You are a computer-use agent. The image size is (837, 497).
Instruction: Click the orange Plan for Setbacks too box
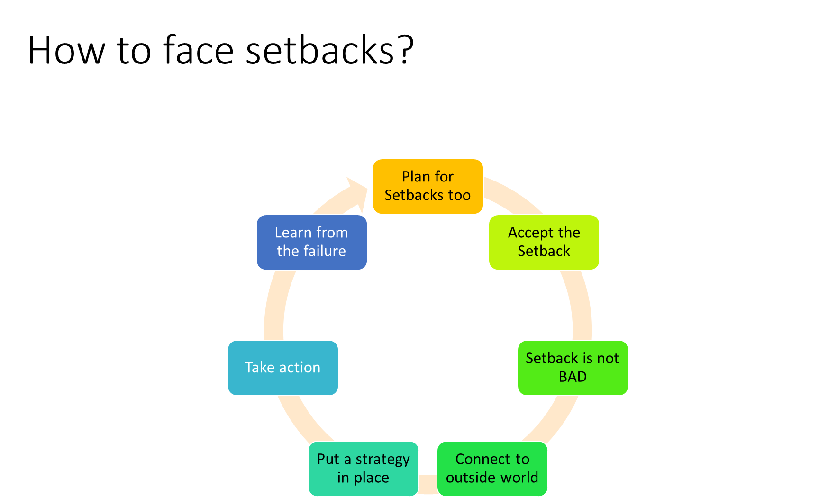tap(428, 186)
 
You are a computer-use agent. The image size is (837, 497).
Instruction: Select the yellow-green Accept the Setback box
tap(544, 242)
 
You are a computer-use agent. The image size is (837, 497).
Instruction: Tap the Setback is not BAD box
tap(573, 368)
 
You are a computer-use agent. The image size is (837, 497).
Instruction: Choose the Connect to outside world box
tap(492, 469)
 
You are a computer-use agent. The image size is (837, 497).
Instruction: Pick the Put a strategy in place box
tap(363, 469)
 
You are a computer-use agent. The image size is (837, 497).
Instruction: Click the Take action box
tap(282, 368)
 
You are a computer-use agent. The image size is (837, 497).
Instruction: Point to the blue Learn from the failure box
tap(311, 242)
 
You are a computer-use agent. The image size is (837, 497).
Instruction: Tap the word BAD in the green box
tap(573, 377)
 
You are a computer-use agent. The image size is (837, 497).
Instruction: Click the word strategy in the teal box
tap(382, 460)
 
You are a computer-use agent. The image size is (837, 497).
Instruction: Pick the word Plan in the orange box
tap(416, 177)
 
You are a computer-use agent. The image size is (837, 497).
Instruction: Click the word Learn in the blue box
tap(293, 233)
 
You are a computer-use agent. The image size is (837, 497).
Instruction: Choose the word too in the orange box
tap(459, 195)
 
